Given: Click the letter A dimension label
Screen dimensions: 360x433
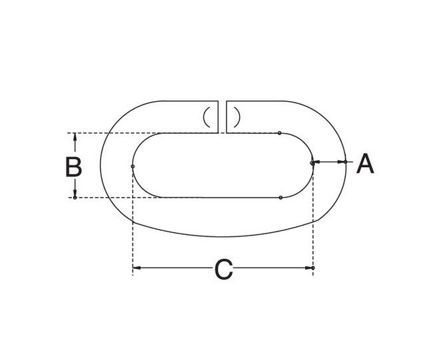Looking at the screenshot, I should point(364,163).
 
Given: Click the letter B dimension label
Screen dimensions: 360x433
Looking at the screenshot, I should point(73,166).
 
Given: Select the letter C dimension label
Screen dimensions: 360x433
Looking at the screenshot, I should point(223,270).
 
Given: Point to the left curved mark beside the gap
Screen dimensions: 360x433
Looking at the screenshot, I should point(208,117).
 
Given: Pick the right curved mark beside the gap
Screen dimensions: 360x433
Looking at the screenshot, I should point(236,117).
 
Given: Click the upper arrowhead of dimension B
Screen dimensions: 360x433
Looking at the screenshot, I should point(75,138).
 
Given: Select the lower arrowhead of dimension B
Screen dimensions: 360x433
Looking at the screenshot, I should point(75,194).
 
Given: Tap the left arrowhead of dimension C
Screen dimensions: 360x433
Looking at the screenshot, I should point(137,268).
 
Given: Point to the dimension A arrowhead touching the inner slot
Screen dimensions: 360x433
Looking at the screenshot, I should point(317,161).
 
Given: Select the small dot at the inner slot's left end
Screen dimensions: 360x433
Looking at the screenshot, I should point(133,166).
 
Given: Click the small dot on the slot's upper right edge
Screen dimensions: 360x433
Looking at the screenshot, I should point(280,133).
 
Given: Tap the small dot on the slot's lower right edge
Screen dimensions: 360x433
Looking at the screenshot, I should point(281,198).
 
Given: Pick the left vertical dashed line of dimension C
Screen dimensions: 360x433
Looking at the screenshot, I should point(133,220).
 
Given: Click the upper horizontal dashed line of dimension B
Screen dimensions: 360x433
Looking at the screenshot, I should point(107,133).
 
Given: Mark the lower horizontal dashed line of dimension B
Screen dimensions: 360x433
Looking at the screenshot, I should point(107,198).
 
